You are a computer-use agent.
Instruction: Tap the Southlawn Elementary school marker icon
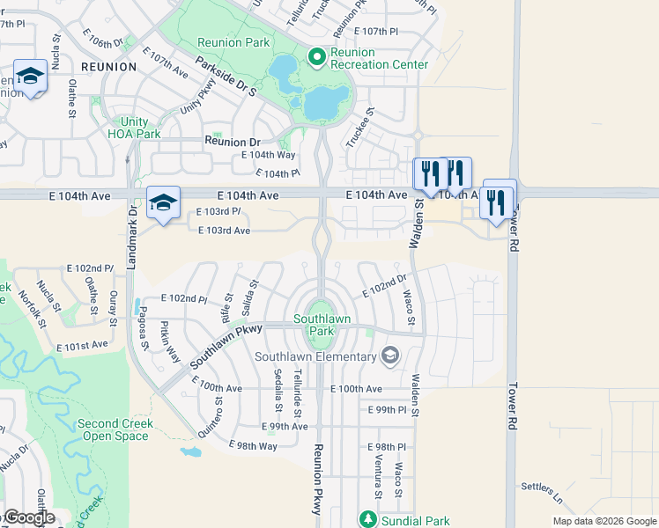[x=390, y=356]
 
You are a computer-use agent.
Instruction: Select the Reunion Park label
[x=233, y=42]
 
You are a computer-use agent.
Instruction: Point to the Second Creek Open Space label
[x=115, y=429]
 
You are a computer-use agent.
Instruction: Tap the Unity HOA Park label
[x=134, y=128]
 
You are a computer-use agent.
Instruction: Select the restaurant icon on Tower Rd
[x=497, y=202]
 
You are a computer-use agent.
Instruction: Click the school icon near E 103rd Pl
[x=163, y=202]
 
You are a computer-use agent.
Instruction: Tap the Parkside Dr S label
[x=226, y=77]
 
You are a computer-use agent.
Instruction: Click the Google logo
[x=28, y=517]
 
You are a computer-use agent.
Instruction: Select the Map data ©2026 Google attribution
[x=603, y=521]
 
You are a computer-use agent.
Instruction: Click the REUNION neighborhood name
[x=108, y=66]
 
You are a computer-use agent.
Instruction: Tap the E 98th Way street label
[x=253, y=446]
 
